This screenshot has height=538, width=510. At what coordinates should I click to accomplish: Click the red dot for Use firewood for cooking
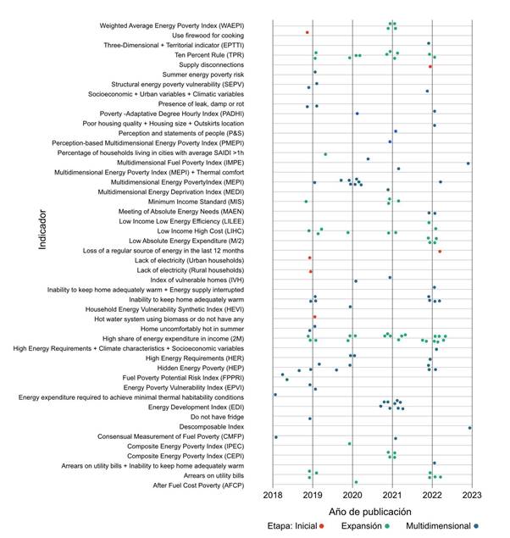pos(308,32)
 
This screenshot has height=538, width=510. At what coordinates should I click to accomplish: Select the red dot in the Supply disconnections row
pos(430,65)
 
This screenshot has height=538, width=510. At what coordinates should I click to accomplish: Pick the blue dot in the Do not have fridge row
pos(310,419)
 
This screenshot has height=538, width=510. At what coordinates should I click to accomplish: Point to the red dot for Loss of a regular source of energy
pos(440,252)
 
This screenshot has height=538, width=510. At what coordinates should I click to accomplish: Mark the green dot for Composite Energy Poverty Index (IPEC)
pos(349,443)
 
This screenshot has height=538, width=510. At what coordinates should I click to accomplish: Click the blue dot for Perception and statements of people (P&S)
pos(396,131)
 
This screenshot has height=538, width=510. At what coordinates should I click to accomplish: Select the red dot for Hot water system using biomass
pos(314,317)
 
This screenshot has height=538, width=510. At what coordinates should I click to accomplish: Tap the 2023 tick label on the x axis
pos(471,494)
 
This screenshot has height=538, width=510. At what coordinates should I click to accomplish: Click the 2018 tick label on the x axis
pos(274,494)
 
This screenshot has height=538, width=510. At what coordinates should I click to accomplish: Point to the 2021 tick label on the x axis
pos(392,494)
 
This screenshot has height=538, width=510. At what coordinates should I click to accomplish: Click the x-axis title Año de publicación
pos(370,512)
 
